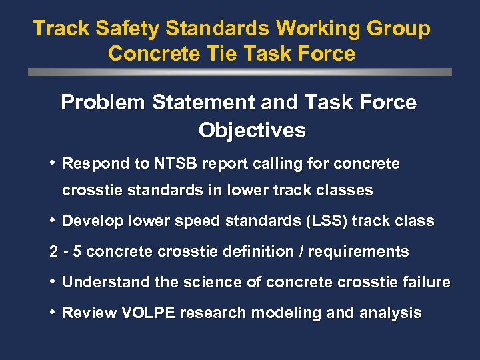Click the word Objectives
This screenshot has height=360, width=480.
tap(252, 129)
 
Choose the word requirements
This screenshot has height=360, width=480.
tap(360, 252)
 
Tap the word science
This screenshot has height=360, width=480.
tap(215, 283)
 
